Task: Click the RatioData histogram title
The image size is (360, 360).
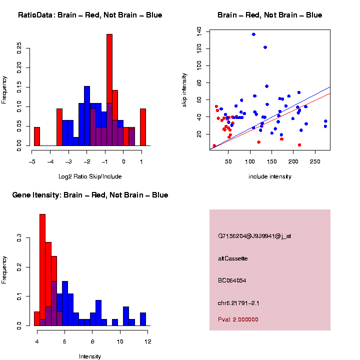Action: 90,15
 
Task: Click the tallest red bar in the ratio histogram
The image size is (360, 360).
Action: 109,90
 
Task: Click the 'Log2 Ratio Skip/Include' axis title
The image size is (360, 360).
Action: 90,176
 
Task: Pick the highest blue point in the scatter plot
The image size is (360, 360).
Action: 253,34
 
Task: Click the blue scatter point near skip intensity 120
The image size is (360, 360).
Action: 265,47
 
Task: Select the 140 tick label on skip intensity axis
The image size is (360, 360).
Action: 199,31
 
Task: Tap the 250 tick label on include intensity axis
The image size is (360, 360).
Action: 315,162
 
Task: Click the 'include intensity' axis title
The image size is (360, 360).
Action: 270,176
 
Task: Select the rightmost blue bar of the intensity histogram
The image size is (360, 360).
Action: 143,319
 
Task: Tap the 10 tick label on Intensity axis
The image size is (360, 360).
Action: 120,341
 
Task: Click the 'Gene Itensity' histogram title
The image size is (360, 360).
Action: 90,195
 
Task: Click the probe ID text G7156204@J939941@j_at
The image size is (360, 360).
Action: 254,235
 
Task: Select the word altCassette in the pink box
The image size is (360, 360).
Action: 233,258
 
